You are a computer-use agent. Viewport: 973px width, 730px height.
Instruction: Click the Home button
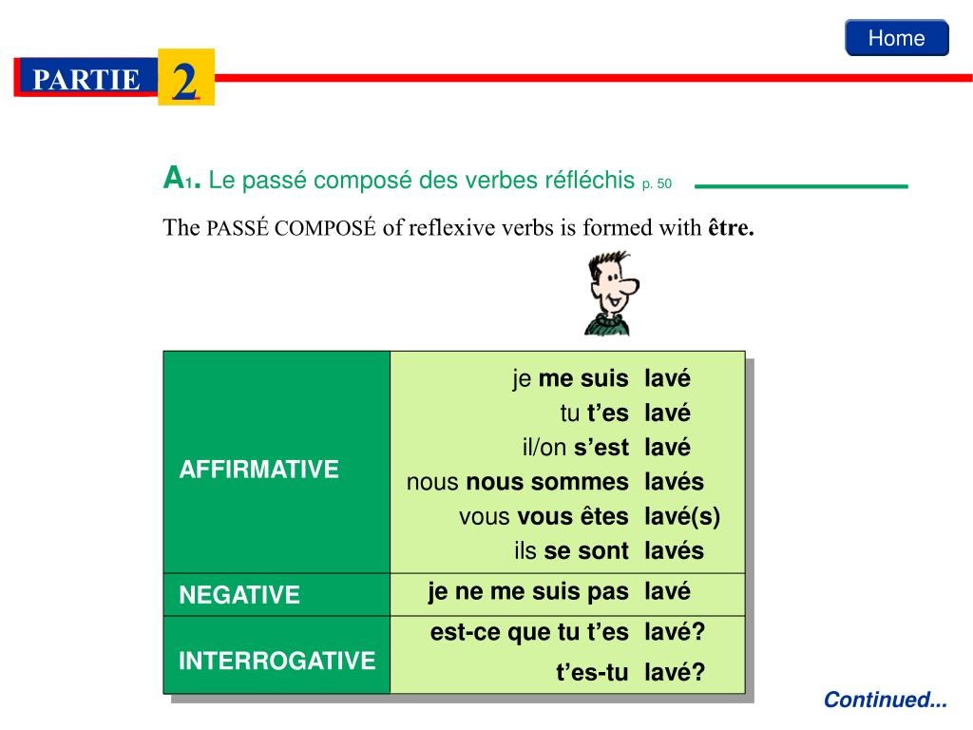coord(896,38)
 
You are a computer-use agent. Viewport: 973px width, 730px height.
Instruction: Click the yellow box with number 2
coord(186,78)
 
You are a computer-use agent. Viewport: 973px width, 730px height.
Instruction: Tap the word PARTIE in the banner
coord(86,80)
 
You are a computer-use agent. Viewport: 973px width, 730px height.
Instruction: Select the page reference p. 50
coord(657,182)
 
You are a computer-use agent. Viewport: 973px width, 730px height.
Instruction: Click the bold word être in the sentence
coord(730,228)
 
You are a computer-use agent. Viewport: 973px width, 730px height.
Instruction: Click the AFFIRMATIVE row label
coord(259,470)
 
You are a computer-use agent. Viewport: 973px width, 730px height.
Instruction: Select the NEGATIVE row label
coord(239,596)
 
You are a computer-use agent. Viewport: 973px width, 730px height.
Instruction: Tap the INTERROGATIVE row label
coord(277,661)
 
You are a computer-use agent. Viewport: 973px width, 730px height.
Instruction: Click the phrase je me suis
coord(570,379)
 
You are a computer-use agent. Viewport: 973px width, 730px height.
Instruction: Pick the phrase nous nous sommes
coord(517,482)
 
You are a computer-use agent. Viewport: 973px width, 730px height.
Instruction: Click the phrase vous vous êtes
coord(544,517)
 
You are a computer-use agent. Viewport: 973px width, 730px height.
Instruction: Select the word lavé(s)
coord(682,517)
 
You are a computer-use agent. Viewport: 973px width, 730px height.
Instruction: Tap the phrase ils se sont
coord(571,551)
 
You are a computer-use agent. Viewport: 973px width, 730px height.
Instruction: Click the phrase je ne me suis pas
coord(528,592)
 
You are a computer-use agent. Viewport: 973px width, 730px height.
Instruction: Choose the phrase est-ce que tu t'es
coord(529,633)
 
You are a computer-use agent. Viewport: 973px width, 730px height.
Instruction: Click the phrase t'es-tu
coord(592,673)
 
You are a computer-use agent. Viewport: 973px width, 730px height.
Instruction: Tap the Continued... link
coord(886,701)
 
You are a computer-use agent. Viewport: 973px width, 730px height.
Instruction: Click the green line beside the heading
coord(801,186)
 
